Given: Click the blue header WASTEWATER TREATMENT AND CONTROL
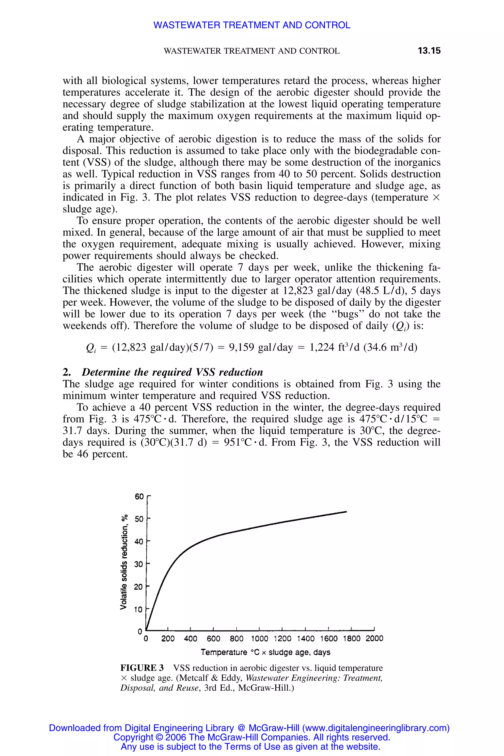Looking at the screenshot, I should point(252,25).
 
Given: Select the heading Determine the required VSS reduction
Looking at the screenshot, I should point(172,372).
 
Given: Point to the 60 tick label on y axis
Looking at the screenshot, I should point(139,497).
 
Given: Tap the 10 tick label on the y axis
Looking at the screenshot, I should point(138,609).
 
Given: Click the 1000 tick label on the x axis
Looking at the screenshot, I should point(259,638).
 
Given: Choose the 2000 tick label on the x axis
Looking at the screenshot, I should point(374,638).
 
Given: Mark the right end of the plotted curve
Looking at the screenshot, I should point(346,511).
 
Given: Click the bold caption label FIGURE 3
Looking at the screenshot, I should point(142,668).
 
